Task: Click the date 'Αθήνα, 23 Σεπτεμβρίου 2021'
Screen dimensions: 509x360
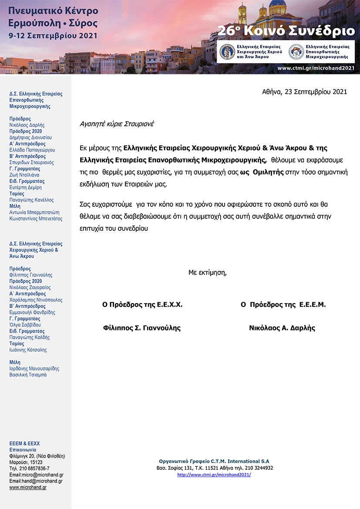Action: [x=304, y=92]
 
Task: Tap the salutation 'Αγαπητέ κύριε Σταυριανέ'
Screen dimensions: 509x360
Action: [x=117, y=124]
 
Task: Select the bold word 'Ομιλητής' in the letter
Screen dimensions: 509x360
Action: [x=266, y=172]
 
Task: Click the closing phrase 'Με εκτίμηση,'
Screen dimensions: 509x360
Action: [x=208, y=273]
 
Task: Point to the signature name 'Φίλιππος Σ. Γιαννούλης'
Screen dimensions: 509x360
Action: [x=141, y=328]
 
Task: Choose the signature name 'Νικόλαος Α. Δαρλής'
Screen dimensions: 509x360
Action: [x=282, y=328]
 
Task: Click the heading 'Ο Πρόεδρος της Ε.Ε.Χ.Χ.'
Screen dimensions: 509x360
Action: [x=142, y=305]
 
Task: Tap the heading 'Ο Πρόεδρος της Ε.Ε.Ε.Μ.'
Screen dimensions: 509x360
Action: [x=283, y=305]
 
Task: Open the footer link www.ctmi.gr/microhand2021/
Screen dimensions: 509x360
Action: [x=214, y=475]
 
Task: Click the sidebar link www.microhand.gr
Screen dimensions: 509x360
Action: [x=28, y=487]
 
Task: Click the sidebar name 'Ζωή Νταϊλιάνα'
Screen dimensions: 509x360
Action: [x=24, y=175]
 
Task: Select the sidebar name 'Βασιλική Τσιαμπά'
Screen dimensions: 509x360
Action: [x=28, y=375]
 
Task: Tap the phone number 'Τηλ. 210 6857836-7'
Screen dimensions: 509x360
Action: [x=29, y=469]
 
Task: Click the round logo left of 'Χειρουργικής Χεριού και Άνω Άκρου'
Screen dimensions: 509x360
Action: [x=228, y=52]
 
